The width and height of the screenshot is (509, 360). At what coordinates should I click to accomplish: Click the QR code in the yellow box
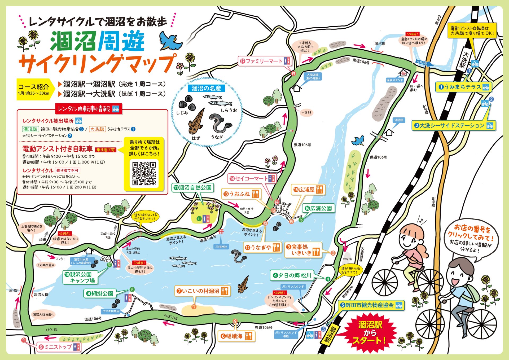(x=144, y=174)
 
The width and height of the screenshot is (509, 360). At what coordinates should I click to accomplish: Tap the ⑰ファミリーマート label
(x=265, y=61)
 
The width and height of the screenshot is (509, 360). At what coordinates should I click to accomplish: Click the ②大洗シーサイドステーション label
(x=453, y=125)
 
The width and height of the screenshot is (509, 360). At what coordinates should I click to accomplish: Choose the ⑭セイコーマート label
(x=252, y=179)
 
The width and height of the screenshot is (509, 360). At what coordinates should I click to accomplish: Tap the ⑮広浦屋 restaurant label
(x=308, y=190)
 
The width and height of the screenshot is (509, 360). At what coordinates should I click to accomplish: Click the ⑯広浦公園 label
(x=318, y=208)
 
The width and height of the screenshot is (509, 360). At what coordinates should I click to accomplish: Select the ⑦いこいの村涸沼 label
(x=202, y=291)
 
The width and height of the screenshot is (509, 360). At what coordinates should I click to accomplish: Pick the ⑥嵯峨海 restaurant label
(x=236, y=336)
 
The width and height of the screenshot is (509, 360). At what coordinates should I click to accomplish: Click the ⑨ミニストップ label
(x=59, y=347)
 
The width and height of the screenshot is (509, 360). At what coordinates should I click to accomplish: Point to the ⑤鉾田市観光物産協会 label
(x=371, y=305)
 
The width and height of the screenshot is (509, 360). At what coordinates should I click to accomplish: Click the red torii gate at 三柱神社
(x=221, y=232)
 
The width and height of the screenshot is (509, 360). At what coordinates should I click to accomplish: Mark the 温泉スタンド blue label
(x=394, y=80)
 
